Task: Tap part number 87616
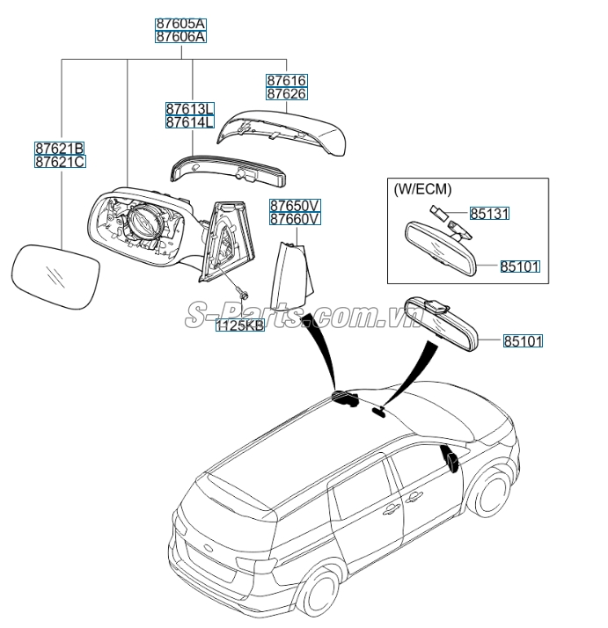click(x=287, y=80)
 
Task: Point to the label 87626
click(x=287, y=93)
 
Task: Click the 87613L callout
click(x=189, y=108)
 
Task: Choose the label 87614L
click(x=189, y=122)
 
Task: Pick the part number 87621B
click(x=60, y=149)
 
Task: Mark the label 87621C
click(x=60, y=162)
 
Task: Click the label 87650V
click(x=295, y=205)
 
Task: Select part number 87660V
click(x=295, y=219)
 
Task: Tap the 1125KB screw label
click(x=240, y=325)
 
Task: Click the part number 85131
click(x=490, y=214)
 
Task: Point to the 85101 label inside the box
click(x=521, y=266)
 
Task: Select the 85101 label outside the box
click(x=524, y=340)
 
